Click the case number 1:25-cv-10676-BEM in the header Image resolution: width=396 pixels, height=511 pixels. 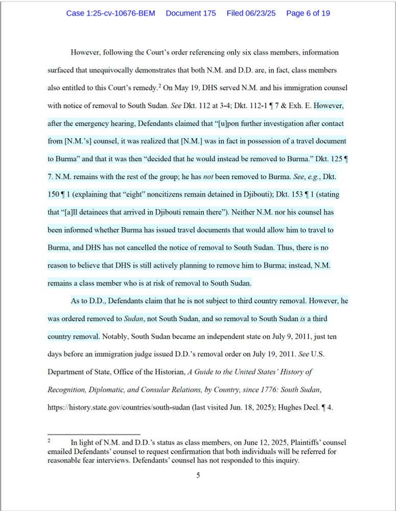(x=110, y=13)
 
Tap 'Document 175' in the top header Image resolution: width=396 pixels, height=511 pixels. (x=191, y=13)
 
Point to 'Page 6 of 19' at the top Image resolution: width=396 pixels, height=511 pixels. (x=308, y=13)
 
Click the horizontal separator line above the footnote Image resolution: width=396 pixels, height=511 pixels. (x=93, y=434)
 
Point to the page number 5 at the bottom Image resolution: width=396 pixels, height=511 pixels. (x=198, y=476)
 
